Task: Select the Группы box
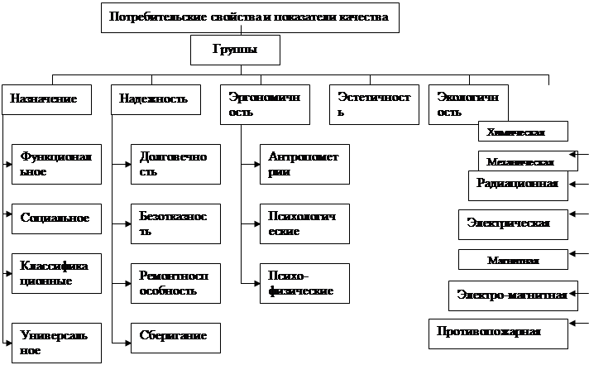click(234, 50)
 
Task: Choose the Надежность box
click(158, 99)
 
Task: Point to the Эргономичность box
click(266, 104)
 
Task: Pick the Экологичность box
click(468, 104)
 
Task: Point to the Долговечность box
click(175, 164)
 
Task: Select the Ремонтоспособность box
click(175, 283)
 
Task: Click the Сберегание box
click(175, 337)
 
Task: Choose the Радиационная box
click(518, 185)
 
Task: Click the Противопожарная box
click(499, 333)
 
